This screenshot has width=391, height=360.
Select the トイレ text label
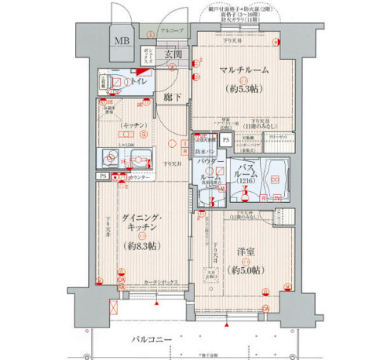pos(142,81)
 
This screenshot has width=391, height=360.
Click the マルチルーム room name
pos(243,70)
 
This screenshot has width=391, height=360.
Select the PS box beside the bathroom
pos(225,139)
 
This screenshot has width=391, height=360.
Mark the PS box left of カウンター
pos(102,177)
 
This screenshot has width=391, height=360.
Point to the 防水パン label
pos(206,153)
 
